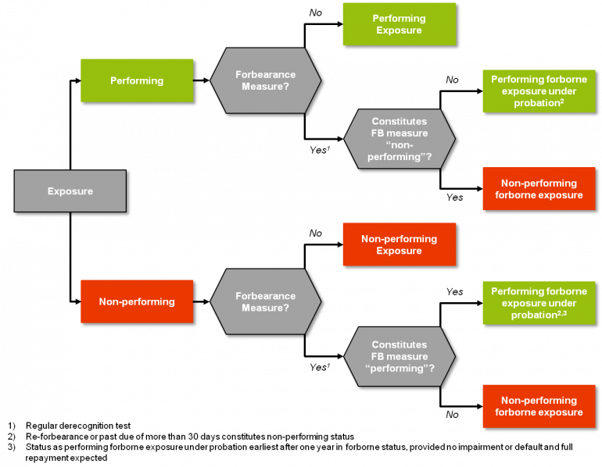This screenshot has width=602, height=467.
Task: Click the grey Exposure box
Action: [70, 191]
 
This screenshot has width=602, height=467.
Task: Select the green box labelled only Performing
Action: [137, 80]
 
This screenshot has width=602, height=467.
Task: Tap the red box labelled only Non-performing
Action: [137, 301]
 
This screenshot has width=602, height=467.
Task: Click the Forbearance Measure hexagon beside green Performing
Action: [265, 80]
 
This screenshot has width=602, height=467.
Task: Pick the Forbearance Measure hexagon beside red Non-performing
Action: [265, 301]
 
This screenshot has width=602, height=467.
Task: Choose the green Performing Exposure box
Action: [399, 24]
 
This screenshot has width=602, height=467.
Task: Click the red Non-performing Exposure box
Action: [399, 244]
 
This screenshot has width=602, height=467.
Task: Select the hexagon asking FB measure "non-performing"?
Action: [400, 139]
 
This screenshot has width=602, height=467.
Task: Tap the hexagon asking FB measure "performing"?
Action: [400, 356]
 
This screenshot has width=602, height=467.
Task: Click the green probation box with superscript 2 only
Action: [539, 91]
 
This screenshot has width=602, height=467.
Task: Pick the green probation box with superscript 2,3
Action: [539, 303]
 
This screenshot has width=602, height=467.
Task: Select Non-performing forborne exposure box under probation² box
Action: [539, 189]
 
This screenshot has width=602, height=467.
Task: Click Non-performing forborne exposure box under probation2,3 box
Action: [539, 406]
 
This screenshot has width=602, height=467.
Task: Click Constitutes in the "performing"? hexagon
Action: [400, 344]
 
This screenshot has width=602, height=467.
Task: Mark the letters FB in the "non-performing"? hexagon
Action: [379, 134]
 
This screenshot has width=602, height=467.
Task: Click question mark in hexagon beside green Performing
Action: [286, 87]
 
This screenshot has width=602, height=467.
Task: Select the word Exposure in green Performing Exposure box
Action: [399, 30]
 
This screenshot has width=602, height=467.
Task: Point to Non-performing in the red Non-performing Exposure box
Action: [399, 239]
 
